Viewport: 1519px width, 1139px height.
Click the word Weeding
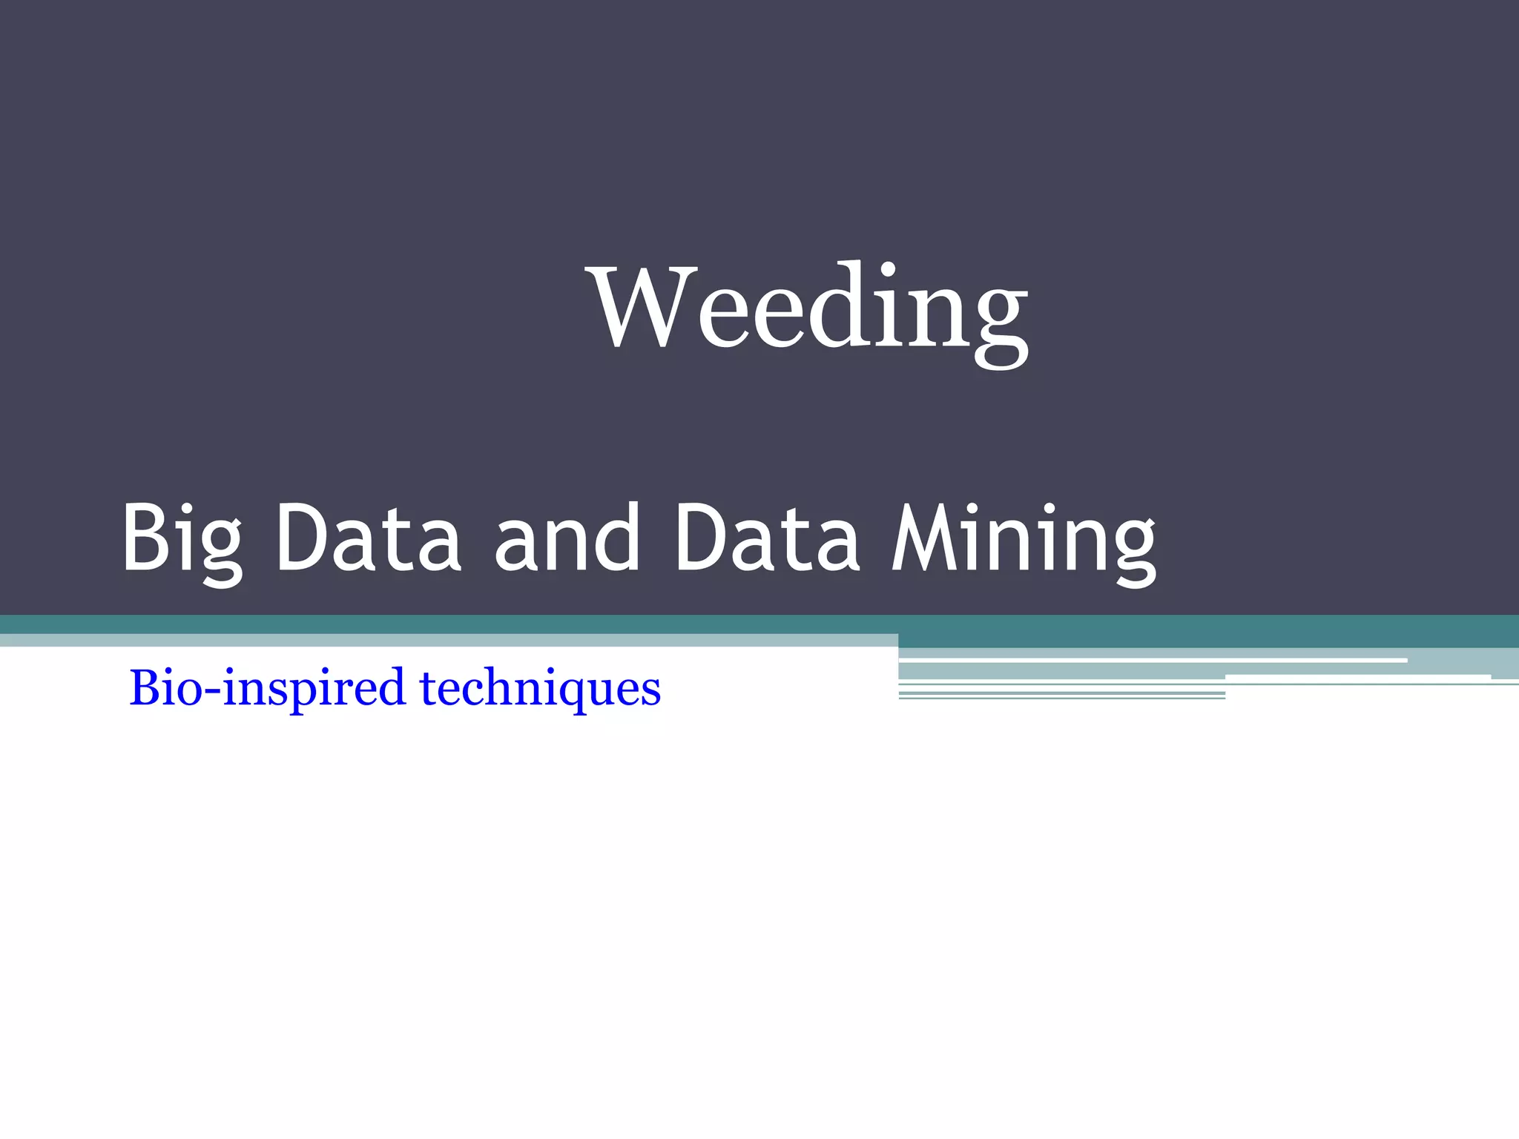(x=808, y=308)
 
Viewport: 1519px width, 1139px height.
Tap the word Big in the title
(x=182, y=539)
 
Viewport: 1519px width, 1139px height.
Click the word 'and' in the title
(x=567, y=538)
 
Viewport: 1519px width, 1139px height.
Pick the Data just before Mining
(x=768, y=538)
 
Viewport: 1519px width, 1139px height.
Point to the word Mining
(x=1024, y=539)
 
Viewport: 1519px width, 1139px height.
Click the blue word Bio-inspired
(x=267, y=687)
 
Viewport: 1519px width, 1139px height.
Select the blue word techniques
(x=540, y=687)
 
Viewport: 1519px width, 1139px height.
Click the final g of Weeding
(x=998, y=319)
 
